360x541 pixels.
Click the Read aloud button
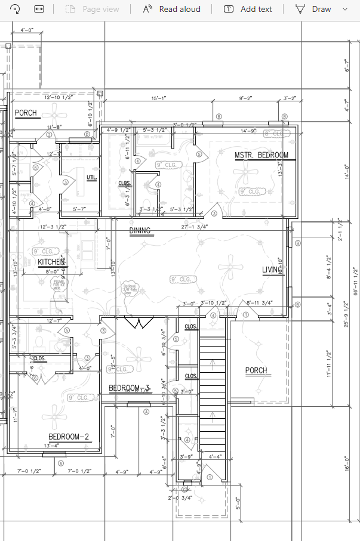[x=172, y=9]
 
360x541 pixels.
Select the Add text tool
[x=248, y=9]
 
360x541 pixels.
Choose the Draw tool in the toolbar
[x=315, y=9]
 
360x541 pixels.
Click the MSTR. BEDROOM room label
[x=261, y=155]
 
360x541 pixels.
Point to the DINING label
[x=140, y=231]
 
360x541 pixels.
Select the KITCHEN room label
[x=51, y=262]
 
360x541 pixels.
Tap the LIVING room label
[x=272, y=270]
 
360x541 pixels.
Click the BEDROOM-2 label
[x=69, y=437]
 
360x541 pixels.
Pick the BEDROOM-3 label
[x=129, y=389]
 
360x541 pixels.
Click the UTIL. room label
[x=92, y=178]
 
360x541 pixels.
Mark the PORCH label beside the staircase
[x=256, y=371]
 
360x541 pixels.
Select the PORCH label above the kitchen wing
[x=26, y=113]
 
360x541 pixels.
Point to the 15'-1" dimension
[x=159, y=98]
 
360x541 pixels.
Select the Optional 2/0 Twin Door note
[x=131, y=288]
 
